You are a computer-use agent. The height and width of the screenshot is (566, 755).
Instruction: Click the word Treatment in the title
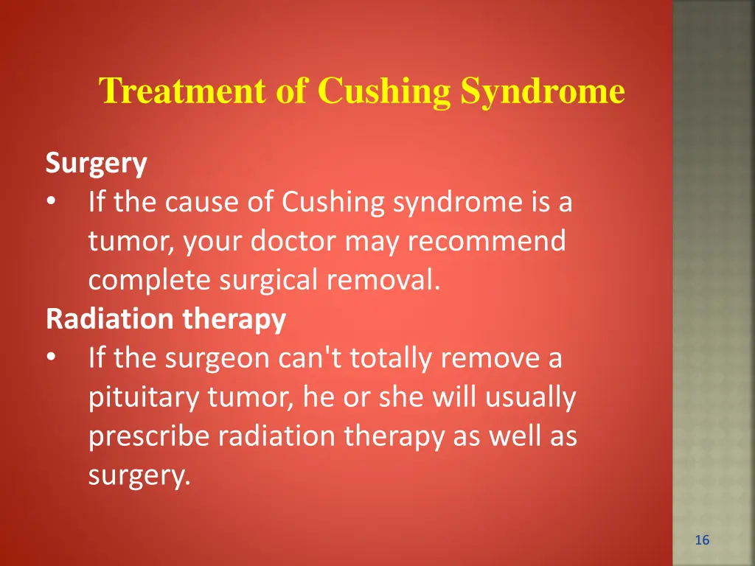point(183,92)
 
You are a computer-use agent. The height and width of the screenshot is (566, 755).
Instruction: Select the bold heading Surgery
point(96,164)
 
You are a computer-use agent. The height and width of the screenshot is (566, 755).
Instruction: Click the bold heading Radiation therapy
point(165,320)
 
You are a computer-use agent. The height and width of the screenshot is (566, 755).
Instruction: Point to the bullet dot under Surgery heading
point(50,203)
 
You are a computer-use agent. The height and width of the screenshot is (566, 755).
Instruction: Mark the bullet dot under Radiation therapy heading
point(50,359)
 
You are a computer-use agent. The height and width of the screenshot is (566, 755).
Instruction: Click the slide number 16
point(702,541)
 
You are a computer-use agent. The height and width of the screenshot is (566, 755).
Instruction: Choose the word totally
point(392,359)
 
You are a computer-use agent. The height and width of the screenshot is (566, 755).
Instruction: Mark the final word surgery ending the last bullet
point(139,476)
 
